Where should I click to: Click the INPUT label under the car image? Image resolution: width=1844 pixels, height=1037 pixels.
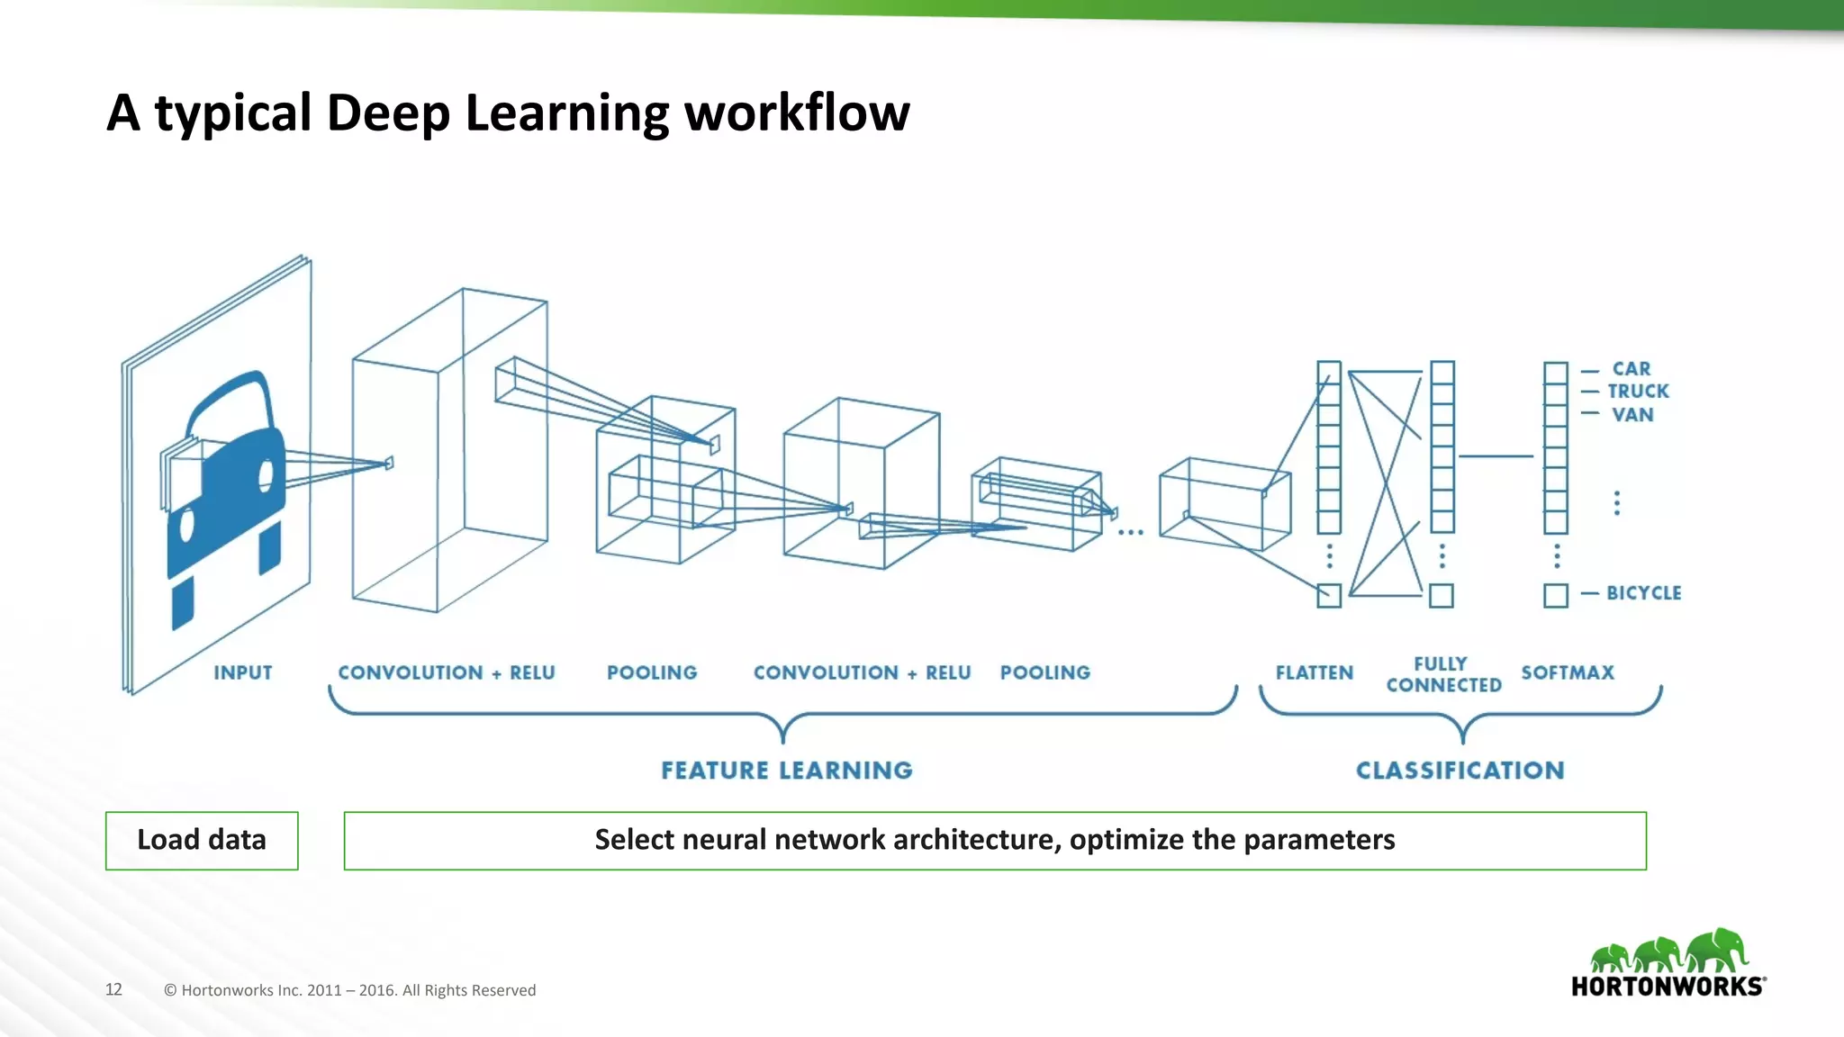click(242, 672)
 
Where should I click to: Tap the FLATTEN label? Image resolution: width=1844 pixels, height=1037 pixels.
click(1314, 672)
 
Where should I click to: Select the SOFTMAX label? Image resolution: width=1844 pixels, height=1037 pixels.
click(1568, 672)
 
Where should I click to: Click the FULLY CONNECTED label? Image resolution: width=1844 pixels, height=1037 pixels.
click(1443, 674)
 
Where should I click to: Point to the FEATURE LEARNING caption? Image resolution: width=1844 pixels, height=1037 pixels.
click(787, 771)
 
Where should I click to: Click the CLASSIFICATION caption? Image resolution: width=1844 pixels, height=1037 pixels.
click(1460, 771)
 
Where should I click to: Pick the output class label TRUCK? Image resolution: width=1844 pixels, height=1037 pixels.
click(1638, 392)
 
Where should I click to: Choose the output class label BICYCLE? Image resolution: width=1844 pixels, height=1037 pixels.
click(1643, 593)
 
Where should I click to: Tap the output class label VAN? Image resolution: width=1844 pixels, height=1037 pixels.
click(1632, 415)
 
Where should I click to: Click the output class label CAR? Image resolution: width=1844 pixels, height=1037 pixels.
click(1631, 369)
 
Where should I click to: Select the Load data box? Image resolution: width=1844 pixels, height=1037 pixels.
click(202, 840)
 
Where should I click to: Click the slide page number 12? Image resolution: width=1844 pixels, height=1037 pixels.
click(113, 989)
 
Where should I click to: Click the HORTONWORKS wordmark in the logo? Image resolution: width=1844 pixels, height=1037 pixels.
click(1668, 987)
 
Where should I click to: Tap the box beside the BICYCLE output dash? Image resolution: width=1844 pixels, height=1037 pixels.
click(1555, 595)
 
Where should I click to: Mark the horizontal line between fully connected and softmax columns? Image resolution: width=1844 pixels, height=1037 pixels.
click(1496, 456)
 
